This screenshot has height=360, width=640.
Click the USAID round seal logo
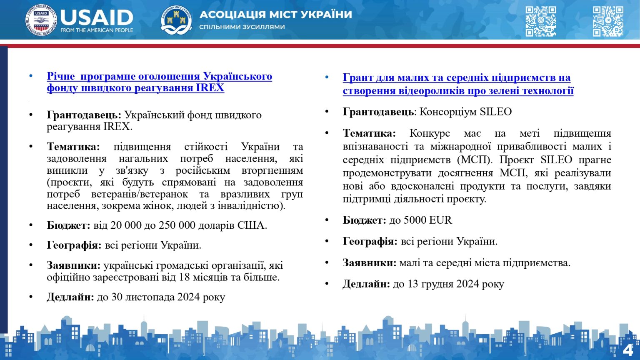pos(41,20)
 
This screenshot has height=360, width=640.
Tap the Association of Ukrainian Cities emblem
pos(176,20)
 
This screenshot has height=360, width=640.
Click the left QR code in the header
pos(540,21)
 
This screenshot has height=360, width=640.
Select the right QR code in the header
pos(608,21)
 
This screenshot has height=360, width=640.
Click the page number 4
pos(627,350)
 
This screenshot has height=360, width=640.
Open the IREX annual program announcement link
pos(159,82)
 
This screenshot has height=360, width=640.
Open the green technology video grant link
pos(457,84)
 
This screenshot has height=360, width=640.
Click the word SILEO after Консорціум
pos(495,112)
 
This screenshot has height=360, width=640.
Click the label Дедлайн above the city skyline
pos(70,297)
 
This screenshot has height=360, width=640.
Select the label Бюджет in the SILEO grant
pos(364,220)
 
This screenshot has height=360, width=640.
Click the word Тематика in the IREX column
pos(73,147)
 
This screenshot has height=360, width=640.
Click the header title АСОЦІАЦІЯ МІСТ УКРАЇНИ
pos(275,15)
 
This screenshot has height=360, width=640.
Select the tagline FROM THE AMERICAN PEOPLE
pos(97,30)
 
